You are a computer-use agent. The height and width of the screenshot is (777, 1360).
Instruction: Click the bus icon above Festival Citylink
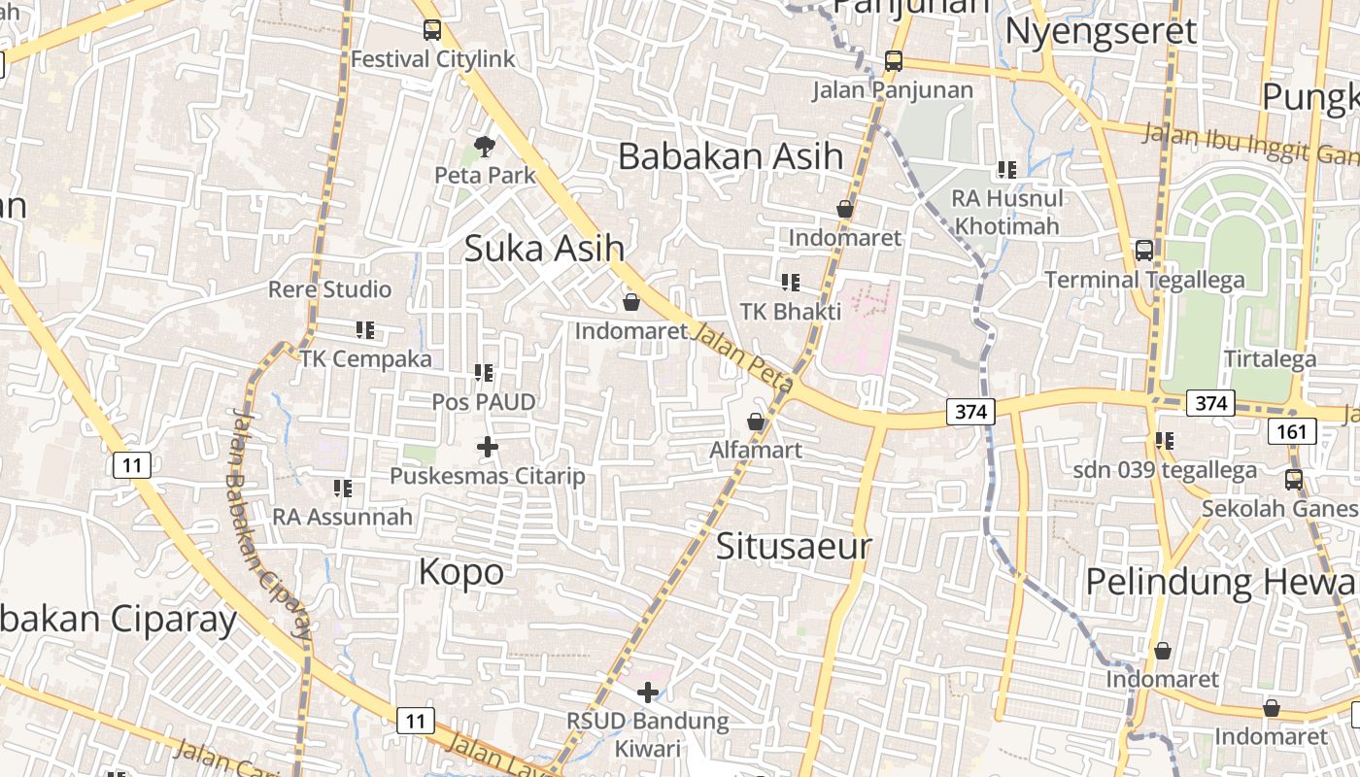pos(432,30)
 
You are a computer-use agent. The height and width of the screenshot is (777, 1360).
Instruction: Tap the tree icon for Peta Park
pos(485,147)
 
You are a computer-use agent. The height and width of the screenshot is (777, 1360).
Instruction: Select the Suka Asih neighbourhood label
pos(544,248)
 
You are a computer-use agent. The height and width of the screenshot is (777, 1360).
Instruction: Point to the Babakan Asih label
pos(731,156)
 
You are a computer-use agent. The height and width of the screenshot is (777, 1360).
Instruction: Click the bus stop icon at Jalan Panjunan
pos(893,61)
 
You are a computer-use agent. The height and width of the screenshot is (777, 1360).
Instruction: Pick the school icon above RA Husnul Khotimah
pos(1007,170)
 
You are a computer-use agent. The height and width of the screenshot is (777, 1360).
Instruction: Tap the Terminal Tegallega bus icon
pos(1144,251)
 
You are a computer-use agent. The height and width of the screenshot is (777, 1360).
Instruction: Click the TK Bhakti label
pos(791,312)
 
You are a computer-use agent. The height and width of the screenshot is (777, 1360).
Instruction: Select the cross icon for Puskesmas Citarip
pos(488,447)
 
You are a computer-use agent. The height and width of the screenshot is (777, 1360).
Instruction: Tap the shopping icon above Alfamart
pos(756,422)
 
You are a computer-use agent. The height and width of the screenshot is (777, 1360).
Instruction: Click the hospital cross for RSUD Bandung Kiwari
pos(648,693)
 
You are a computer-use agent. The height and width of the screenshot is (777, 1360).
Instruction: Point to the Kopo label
pos(461,571)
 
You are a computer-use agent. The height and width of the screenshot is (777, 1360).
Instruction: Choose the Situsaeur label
pos(794,546)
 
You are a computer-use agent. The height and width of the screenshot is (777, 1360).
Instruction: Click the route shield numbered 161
pos(1292,431)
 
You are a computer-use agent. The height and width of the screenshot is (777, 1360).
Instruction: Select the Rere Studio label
pos(329,289)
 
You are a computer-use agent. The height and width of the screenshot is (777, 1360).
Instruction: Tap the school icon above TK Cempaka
pos(365,330)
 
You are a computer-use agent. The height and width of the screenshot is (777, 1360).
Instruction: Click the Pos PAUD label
pos(484,401)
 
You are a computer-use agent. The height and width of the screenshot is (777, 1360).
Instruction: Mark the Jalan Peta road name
pos(742,357)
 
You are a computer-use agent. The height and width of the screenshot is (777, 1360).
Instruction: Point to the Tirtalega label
pos(1270,358)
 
